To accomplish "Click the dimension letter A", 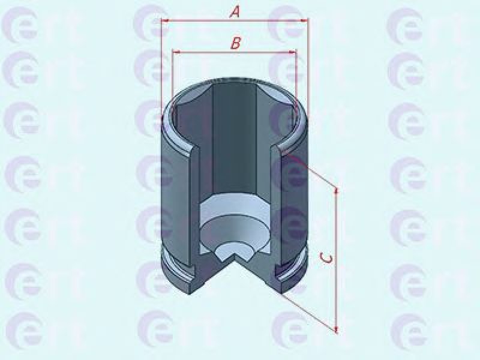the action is click(235, 13).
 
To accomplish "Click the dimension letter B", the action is click(235, 43).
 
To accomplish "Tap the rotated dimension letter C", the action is click(327, 259).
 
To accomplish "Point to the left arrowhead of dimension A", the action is click(165, 21).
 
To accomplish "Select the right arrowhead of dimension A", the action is click(304, 20).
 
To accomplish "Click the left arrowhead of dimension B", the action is click(176, 53).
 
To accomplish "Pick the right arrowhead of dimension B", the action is click(293, 53).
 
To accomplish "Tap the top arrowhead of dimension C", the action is click(337, 191).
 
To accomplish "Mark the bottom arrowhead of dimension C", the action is click(337, 329).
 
